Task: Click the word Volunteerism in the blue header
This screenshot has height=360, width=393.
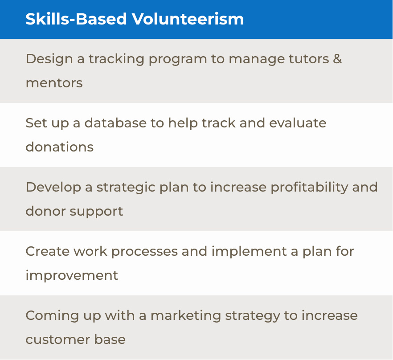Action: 188,19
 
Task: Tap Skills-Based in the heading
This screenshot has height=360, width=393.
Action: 76,19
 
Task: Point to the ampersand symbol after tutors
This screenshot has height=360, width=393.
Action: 337,59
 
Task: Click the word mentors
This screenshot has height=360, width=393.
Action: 54,83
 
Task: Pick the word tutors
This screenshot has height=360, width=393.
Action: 309,59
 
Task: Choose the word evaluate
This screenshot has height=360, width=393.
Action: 298,123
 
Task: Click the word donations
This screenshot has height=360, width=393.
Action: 60,147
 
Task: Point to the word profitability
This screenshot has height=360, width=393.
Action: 309,188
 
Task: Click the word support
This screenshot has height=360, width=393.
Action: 97,212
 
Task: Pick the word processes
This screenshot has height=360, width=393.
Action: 145,252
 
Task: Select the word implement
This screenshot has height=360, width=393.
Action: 249,252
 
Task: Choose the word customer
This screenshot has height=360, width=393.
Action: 58,340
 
